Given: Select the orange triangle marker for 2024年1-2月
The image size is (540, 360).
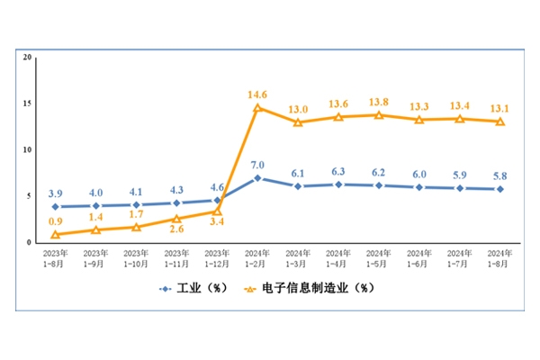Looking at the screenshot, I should click(257, 108).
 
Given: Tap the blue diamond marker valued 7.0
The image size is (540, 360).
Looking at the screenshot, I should click(257, 178).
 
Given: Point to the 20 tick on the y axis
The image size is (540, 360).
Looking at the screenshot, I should click(28, 58).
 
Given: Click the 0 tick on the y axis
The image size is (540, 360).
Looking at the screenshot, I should click(30, 242).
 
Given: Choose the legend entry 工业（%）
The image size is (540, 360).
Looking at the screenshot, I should click(193, 288).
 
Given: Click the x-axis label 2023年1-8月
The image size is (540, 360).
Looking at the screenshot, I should click(55, 259).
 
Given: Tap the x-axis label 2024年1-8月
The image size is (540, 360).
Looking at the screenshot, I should click(499, 259).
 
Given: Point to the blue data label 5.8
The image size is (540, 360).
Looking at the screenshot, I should click(500, 176).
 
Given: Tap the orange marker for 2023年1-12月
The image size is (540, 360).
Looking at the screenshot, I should click(217, 211).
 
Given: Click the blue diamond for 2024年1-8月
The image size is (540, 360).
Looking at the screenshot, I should click(500, 189).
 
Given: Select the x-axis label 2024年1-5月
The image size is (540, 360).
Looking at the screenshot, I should click(379, 259).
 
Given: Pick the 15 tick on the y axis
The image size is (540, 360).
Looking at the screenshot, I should click(28, 103).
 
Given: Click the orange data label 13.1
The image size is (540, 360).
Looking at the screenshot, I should click(500, 108).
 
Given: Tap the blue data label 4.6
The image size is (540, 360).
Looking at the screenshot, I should click(217, 188).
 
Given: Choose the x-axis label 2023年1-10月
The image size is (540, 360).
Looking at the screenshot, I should click(136, 259).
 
